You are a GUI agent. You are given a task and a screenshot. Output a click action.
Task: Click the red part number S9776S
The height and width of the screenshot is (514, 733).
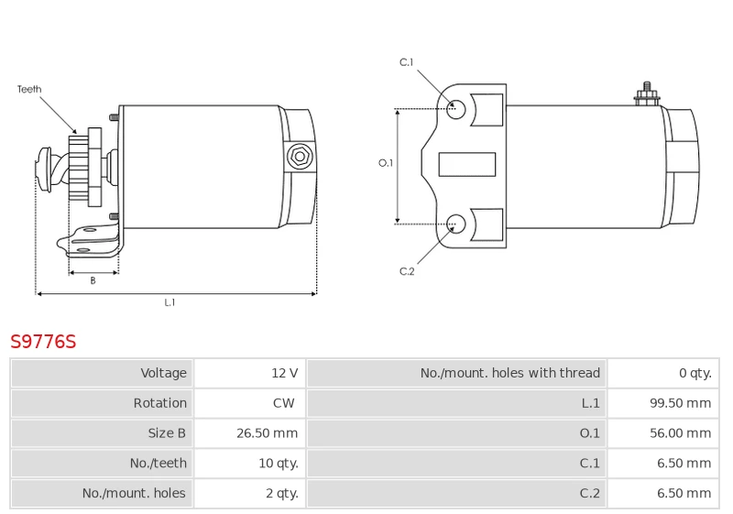coord(43,342)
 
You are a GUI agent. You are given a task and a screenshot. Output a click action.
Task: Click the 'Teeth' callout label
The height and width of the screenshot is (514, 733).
coord(29,89)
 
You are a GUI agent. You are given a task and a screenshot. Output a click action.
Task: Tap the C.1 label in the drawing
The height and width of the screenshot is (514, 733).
coord(406,62)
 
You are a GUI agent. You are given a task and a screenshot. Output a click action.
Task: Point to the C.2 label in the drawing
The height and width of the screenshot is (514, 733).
coord(407,271)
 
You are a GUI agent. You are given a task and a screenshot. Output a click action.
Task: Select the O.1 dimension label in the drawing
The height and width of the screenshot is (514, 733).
coord(386,162)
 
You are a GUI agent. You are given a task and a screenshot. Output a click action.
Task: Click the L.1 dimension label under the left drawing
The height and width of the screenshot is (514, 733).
coord(170,302)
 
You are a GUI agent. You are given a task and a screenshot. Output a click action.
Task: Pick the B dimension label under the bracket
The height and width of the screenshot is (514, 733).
coord(93,280)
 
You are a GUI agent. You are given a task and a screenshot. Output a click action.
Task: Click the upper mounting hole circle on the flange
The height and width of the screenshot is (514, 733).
coord(455,109)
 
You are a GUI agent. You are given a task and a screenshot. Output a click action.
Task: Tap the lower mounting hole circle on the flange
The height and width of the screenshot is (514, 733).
coord(455,224)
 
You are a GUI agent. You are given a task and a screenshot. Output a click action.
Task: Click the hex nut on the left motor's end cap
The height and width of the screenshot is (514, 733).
coord(300,157)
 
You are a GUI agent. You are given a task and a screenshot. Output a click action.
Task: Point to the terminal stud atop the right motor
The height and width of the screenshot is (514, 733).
coord(647,94)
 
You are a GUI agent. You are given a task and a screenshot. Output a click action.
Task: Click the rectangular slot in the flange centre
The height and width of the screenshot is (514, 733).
coord(467,165)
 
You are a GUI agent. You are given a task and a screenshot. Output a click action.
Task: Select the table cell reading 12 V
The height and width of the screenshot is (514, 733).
coord(249,373)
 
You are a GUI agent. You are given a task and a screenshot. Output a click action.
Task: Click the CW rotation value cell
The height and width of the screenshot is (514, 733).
coord(249,403)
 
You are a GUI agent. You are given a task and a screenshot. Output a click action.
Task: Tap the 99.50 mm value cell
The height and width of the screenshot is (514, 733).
coord(663,403)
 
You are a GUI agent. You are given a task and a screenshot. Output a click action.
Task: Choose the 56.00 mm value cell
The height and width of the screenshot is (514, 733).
coord(663,432)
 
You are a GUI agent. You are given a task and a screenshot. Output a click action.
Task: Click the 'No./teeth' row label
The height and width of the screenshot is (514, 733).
coord(158,463)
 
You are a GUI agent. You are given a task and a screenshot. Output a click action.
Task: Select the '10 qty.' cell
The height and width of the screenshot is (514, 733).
coord(249,463)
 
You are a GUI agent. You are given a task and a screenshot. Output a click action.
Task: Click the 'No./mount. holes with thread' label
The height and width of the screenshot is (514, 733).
coord(510,373)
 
